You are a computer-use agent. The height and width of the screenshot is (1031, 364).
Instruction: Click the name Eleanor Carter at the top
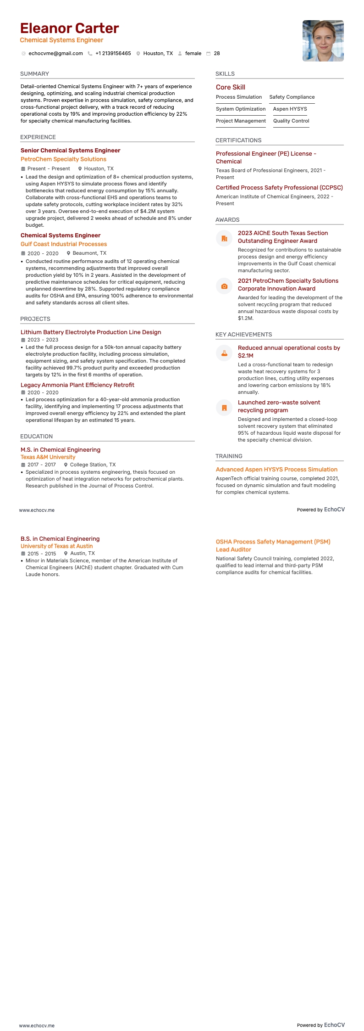coord(69,28)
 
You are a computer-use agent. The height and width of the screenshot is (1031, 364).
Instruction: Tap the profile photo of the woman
coord(323,41)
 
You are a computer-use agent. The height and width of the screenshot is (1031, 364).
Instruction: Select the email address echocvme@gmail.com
coord(55,54)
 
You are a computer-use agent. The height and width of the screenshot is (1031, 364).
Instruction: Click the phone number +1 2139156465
coord(113,54)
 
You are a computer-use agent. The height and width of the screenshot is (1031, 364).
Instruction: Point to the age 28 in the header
coord(217,54)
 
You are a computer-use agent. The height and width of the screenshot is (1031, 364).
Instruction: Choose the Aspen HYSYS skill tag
coord(290,109)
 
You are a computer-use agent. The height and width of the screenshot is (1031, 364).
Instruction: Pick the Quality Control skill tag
coord(291,121)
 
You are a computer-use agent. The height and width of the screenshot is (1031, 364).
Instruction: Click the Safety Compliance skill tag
coord(292,97)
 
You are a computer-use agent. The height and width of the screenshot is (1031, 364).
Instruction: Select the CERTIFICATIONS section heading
coord(238,140)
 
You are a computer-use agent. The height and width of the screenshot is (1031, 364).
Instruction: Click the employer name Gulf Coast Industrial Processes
coord(64,244)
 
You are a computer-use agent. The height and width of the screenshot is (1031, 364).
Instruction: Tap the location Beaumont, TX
coord(89,253)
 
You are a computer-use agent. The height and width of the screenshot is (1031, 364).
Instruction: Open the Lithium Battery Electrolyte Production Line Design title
coord(91,332)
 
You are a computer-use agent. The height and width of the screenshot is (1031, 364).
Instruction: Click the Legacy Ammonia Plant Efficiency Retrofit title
coord(77,385)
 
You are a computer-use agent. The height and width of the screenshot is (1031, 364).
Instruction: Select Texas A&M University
coord(48,457)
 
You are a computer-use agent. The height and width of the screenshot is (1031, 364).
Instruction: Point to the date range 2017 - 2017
coord(41,465)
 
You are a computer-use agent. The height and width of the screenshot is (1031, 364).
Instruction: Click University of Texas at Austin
coord(56,546)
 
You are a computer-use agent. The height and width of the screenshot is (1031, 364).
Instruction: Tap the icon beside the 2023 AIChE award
coord(224,239)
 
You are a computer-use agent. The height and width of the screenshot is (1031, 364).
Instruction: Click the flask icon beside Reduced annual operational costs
coord(224,353)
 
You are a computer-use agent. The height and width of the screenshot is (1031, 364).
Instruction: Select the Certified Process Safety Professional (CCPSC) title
coord(279,188)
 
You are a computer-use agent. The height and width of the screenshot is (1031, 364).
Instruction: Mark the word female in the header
coord(193,54)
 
